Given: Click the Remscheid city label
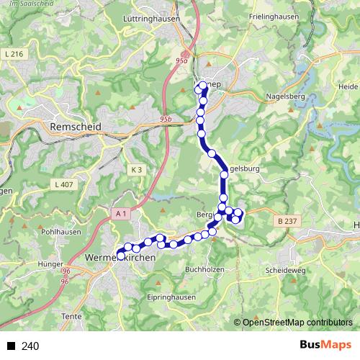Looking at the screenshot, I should [76, 126].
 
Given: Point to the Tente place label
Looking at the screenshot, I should [73, 317].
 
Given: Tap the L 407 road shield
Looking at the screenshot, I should [64, 185].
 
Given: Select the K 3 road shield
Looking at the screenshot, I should [138, 169].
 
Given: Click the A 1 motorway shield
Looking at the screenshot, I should [120, 214].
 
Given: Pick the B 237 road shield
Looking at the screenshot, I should [286, 222].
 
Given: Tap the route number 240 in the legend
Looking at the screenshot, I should [30, 346].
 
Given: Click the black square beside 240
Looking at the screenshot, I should [12, 346].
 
